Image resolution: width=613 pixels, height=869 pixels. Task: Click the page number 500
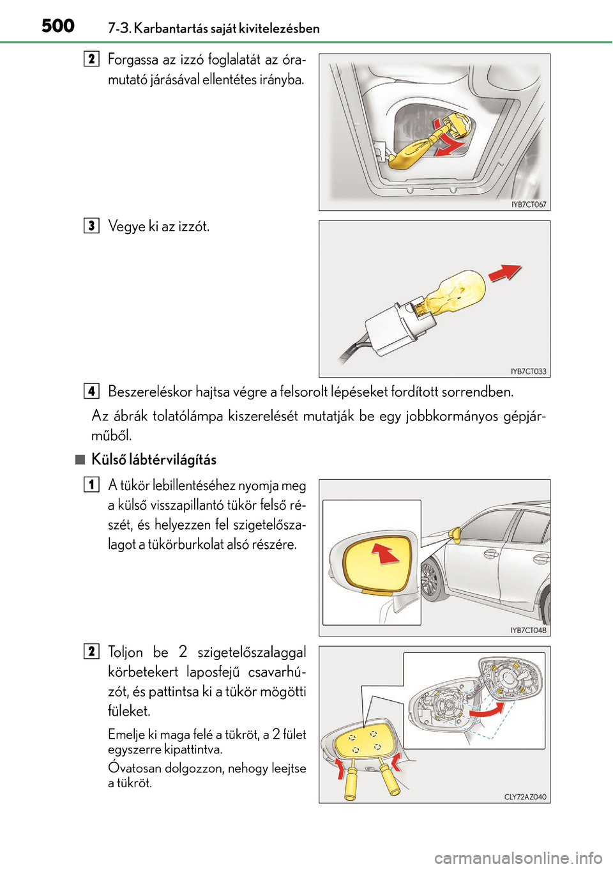(x=58, y=26)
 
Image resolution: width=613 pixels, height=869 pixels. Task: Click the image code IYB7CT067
(x=529, y=204)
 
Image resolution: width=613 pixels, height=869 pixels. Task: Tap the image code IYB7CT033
(x=528, y=371)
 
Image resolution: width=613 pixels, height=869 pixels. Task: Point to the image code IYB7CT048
(x=528, y=630)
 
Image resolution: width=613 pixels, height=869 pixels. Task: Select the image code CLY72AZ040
(x=525, y=797)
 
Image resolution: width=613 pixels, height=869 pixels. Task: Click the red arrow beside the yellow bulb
(x=505, y=272)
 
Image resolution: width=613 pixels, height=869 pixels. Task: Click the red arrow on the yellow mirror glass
(x=385, y=553)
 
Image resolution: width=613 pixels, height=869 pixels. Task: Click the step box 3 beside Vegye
(x=91, y=226)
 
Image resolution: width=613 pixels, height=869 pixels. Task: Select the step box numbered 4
(x=91, y=391)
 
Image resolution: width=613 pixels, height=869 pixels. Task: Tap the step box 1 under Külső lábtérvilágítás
(x=91, y=484)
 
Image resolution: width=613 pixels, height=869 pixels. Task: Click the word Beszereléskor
(x=150, y=391)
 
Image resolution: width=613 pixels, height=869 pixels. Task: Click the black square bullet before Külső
(x=79, y=459)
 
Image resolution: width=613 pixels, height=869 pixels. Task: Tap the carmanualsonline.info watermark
(x=518, y=857)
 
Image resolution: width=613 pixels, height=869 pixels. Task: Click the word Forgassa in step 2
(x=133, y=59)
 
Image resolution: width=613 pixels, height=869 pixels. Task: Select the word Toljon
(x=126, y=652)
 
